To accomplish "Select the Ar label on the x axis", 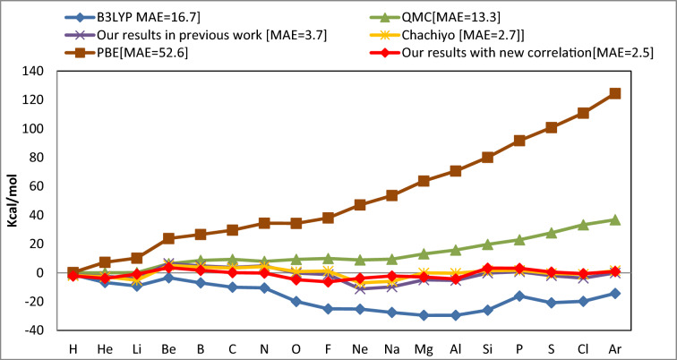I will (x=614, y=347).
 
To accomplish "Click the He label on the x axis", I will (x=105, y=347).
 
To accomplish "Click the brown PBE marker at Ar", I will (x=614, y=93).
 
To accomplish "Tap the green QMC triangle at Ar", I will (x=614, y=219).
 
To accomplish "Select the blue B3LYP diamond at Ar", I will (x=614, y=293).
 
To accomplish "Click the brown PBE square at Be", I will (x=168, y=238).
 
